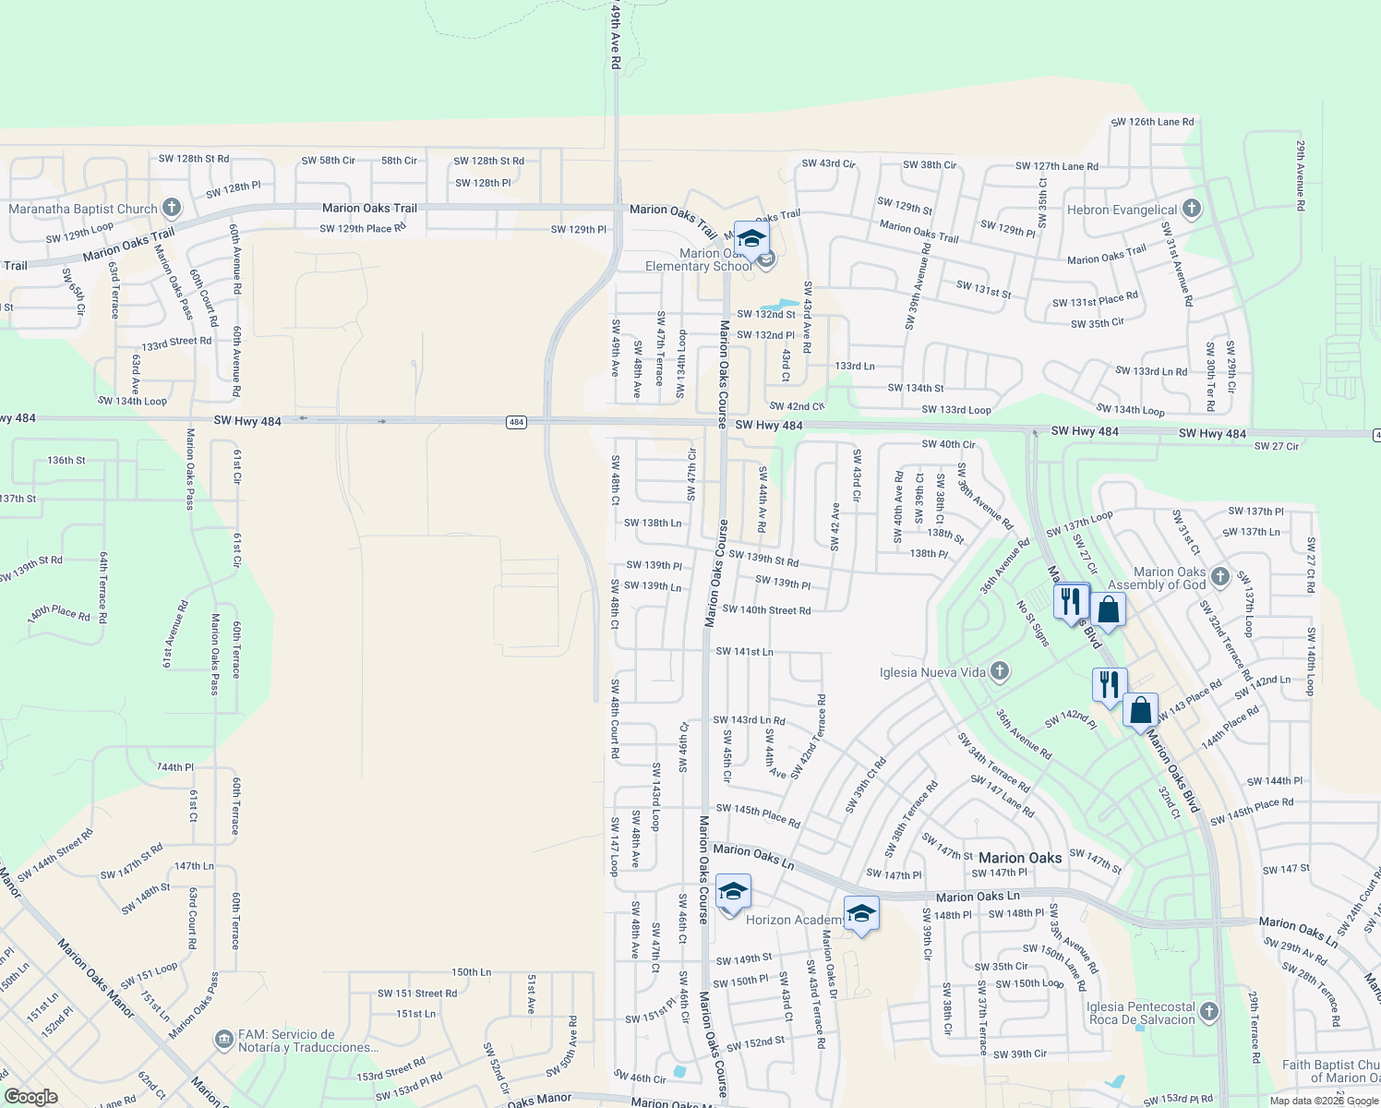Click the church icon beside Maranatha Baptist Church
(x=171, y=208)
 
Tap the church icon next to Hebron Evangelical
(x=1192, y=209)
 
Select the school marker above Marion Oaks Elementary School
(x=751, y=239)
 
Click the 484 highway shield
(x=516, y=422)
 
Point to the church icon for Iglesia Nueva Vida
(x=1000, y=671)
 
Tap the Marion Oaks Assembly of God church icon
(x=1220, y=577)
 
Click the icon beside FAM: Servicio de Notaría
(x=223, y=1041)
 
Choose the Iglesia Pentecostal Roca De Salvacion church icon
(x=1209, y=1012)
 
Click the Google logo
(x=30, y=1097)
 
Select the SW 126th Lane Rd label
(x=1152, y=122)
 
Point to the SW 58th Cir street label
(x=328, y=161)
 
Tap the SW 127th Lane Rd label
(x=1056, y=166)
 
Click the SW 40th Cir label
(x=948, y=444)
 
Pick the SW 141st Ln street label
(x=744, y=652)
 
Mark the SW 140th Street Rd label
(x=766, y=610)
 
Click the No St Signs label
(x=1033, y=623)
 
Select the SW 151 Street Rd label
(x=416, y=994)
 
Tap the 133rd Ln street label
(x=854, y=367)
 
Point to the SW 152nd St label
(x=755, y=1043)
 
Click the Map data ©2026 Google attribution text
(x=1324, y=1101)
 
